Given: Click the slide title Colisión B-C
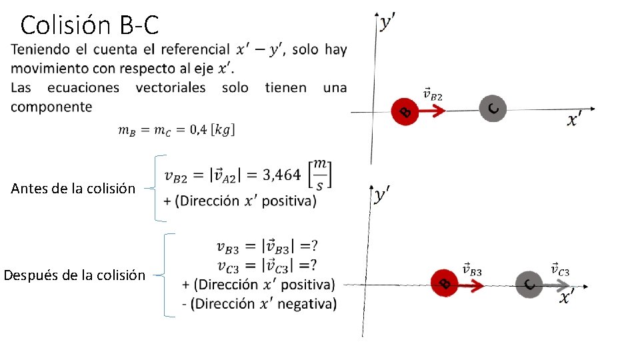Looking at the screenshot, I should click(90, 25).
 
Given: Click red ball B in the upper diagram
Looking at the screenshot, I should click(405, 111).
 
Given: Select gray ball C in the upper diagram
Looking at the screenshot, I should click(493, 108).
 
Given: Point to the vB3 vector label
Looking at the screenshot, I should click(471, 269).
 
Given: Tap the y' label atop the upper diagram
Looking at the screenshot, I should click(388, 23).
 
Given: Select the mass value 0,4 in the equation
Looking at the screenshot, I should click(199, 130).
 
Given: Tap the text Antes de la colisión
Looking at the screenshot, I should click(73, 189).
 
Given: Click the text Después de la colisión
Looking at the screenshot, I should click(75, 275).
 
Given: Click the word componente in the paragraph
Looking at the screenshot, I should click(51, 107).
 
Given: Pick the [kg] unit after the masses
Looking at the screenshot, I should click(224, 130).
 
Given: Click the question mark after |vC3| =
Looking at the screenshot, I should click(313, 265).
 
